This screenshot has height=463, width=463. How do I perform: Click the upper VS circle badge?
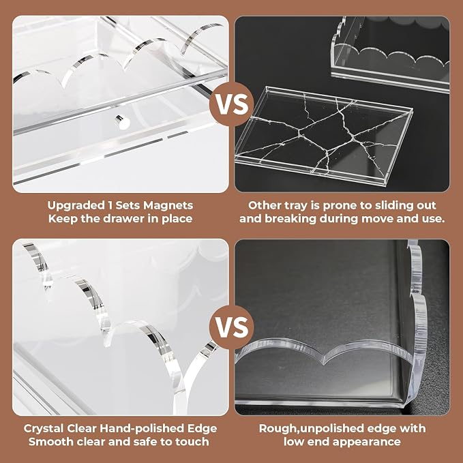click(x=232, y=104)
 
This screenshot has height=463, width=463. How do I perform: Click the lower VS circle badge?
click(x=232, y=327)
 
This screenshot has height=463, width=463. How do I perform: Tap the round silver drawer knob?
click(x=123, y=122)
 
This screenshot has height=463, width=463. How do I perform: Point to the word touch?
click(x=192, y=442)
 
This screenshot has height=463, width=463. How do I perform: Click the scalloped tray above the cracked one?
click(x=390, y=55)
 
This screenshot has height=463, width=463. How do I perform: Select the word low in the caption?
click(x=294, y=442)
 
